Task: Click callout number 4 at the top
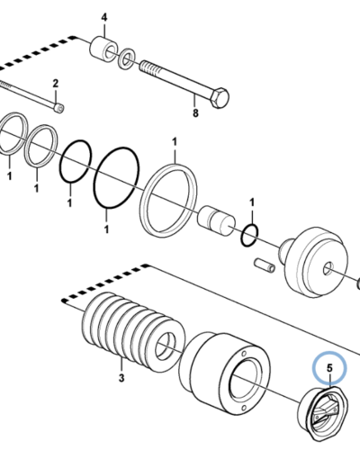(x=104, y=18)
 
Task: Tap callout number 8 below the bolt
(x=195, y=113)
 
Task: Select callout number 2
(x=56, y=84)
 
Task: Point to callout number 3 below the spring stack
(x=121, y=378)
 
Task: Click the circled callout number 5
(x=329, y=368)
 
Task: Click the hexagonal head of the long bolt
(x=220, y=97)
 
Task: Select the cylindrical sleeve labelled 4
(x=103, y=49)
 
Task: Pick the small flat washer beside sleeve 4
(x=127, y=58)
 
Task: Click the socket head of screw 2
(x=59, y=108)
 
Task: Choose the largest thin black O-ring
(x=117, y=177)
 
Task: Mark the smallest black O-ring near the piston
(x=249, y=235)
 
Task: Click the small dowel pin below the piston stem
(x=265, y=265)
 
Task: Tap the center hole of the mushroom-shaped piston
(x=328, y=268)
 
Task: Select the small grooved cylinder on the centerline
(x=216, y=220)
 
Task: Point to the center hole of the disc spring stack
(x=166, y=346)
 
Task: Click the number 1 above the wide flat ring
(x=175, y=141)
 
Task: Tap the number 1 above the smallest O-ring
(x=252, y=202)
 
